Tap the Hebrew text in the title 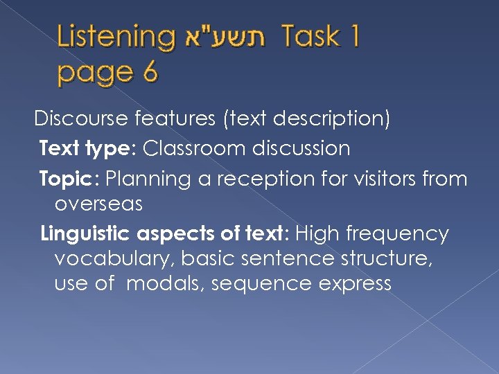pos(227,37)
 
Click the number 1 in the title pos(353,37)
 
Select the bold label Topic pos(69,179)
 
